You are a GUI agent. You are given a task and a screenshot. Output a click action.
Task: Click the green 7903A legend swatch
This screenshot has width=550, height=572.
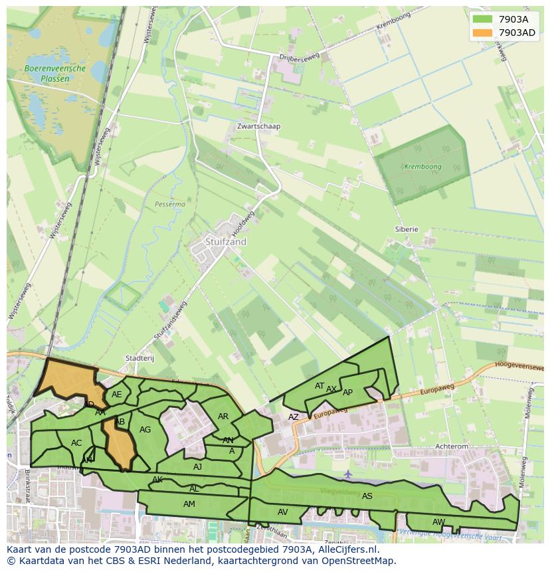click(482, 19)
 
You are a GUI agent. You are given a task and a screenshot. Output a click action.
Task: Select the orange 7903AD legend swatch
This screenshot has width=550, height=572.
click(482, 33)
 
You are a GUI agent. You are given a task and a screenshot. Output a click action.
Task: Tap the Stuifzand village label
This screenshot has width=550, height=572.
click(226, 242)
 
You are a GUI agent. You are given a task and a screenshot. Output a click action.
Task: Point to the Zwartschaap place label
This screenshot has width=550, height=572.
click(259, 126)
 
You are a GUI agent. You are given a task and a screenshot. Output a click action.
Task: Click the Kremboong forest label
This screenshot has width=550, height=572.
click(422, 167)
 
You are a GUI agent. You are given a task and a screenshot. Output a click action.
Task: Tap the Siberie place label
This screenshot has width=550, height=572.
click(407, 229)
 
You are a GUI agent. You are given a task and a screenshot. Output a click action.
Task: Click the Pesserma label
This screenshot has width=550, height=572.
click(169, 205)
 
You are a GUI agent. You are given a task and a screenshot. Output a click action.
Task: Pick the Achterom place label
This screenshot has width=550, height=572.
click(452, 447)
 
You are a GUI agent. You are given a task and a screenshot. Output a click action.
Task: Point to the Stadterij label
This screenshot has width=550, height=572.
click(139, 358)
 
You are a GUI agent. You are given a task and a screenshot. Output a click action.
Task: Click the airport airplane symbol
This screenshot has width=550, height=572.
click(348, 474)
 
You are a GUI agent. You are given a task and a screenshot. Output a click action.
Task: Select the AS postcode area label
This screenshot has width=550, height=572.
click(367, 496)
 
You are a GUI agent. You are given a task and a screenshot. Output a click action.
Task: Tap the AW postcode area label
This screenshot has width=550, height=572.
click(438, 522)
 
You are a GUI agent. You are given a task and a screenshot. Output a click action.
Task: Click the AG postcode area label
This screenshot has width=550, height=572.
click(145, 430)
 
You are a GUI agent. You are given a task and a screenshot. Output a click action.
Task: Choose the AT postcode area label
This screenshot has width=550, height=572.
click(320, 386)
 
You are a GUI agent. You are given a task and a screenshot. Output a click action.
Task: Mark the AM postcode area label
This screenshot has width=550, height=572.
click(189, 504)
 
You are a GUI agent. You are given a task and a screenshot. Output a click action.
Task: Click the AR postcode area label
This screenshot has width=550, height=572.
click(223, 417)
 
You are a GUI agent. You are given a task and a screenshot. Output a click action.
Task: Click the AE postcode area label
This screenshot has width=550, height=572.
click(117, 395)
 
